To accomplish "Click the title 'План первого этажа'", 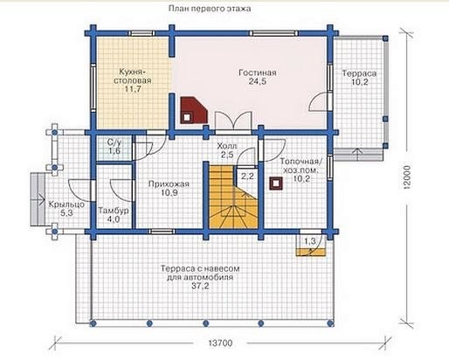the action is (210, 9).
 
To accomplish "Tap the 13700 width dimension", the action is (220, 343).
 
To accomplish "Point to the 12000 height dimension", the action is (406, 177).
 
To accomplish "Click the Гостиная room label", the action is (258, 77).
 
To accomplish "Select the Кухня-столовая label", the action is (133, 80).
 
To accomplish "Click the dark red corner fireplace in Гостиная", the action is (194, 110).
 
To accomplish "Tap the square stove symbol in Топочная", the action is (276, 183).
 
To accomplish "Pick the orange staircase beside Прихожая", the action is (234, 197).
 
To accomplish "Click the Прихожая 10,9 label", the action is (169, 188).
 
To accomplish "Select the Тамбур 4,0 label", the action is (114, 215).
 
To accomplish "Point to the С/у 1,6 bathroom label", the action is (114, 147).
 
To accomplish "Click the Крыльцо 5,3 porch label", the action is (66, 209).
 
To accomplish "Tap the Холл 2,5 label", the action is (227, 150).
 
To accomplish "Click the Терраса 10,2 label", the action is (359, 78).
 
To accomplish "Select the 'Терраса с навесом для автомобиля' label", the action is (200, 277).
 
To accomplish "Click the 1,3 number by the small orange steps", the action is (310, 241).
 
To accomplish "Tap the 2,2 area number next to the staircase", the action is (247, 177).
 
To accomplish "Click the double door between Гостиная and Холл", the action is (233, 120).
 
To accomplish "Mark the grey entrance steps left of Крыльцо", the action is (38, 199).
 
